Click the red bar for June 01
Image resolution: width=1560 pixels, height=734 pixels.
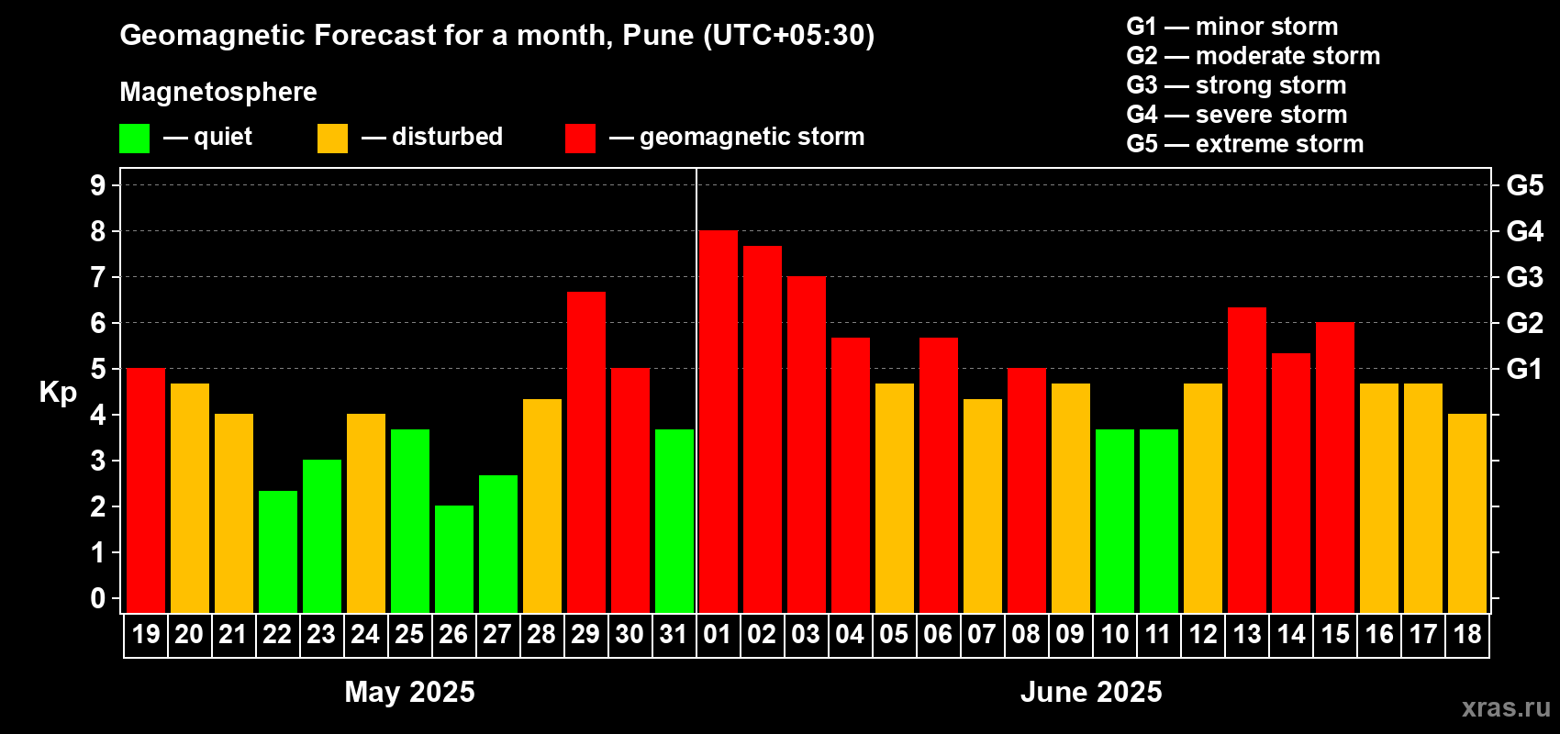tap(718, 422)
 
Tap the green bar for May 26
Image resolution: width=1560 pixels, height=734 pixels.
tap(453, 559)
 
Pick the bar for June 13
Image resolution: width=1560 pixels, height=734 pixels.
tap(1246, 460)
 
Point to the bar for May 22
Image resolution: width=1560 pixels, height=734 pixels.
tap(277, 551)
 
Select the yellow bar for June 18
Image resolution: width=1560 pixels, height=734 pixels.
tap(1466, 513)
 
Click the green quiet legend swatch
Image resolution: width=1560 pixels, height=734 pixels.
tap(134, 138)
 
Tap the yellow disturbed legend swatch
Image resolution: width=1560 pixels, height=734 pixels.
tap(332, 138)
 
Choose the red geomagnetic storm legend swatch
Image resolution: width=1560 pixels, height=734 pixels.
tap(580, 138)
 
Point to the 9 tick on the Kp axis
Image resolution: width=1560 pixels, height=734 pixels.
tap(98, 185)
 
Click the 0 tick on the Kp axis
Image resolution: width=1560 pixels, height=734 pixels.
tap(98, 598)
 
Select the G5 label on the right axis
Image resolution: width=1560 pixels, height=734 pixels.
tap(1524, 185)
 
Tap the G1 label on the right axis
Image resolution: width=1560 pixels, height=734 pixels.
tap(1524, 369)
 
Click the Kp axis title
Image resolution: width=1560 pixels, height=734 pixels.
tap(58, 392)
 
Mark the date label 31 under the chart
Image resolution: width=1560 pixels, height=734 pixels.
tap(674, 634)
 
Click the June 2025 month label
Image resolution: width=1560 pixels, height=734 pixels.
tap(1091, 692)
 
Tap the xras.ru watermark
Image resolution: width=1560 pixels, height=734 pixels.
tap(1505, 707)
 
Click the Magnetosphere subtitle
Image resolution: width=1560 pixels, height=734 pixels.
tap(218, 92)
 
